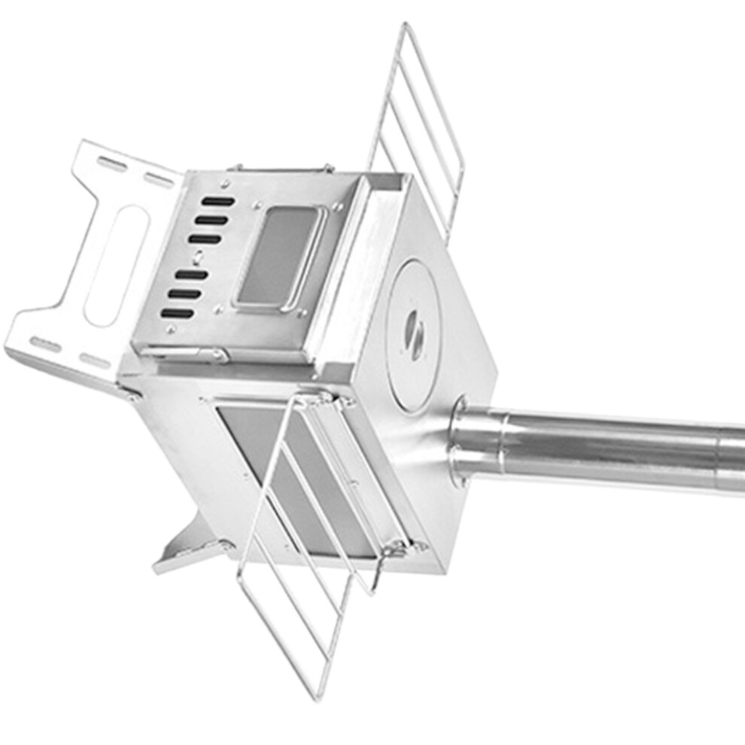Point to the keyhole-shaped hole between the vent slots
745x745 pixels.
point(197,257)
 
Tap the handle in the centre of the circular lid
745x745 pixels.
point(415,331)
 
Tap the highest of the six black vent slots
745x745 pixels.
point(217,202)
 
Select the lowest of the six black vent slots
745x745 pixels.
point(178,313)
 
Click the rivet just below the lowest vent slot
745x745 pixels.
point(172,329)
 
